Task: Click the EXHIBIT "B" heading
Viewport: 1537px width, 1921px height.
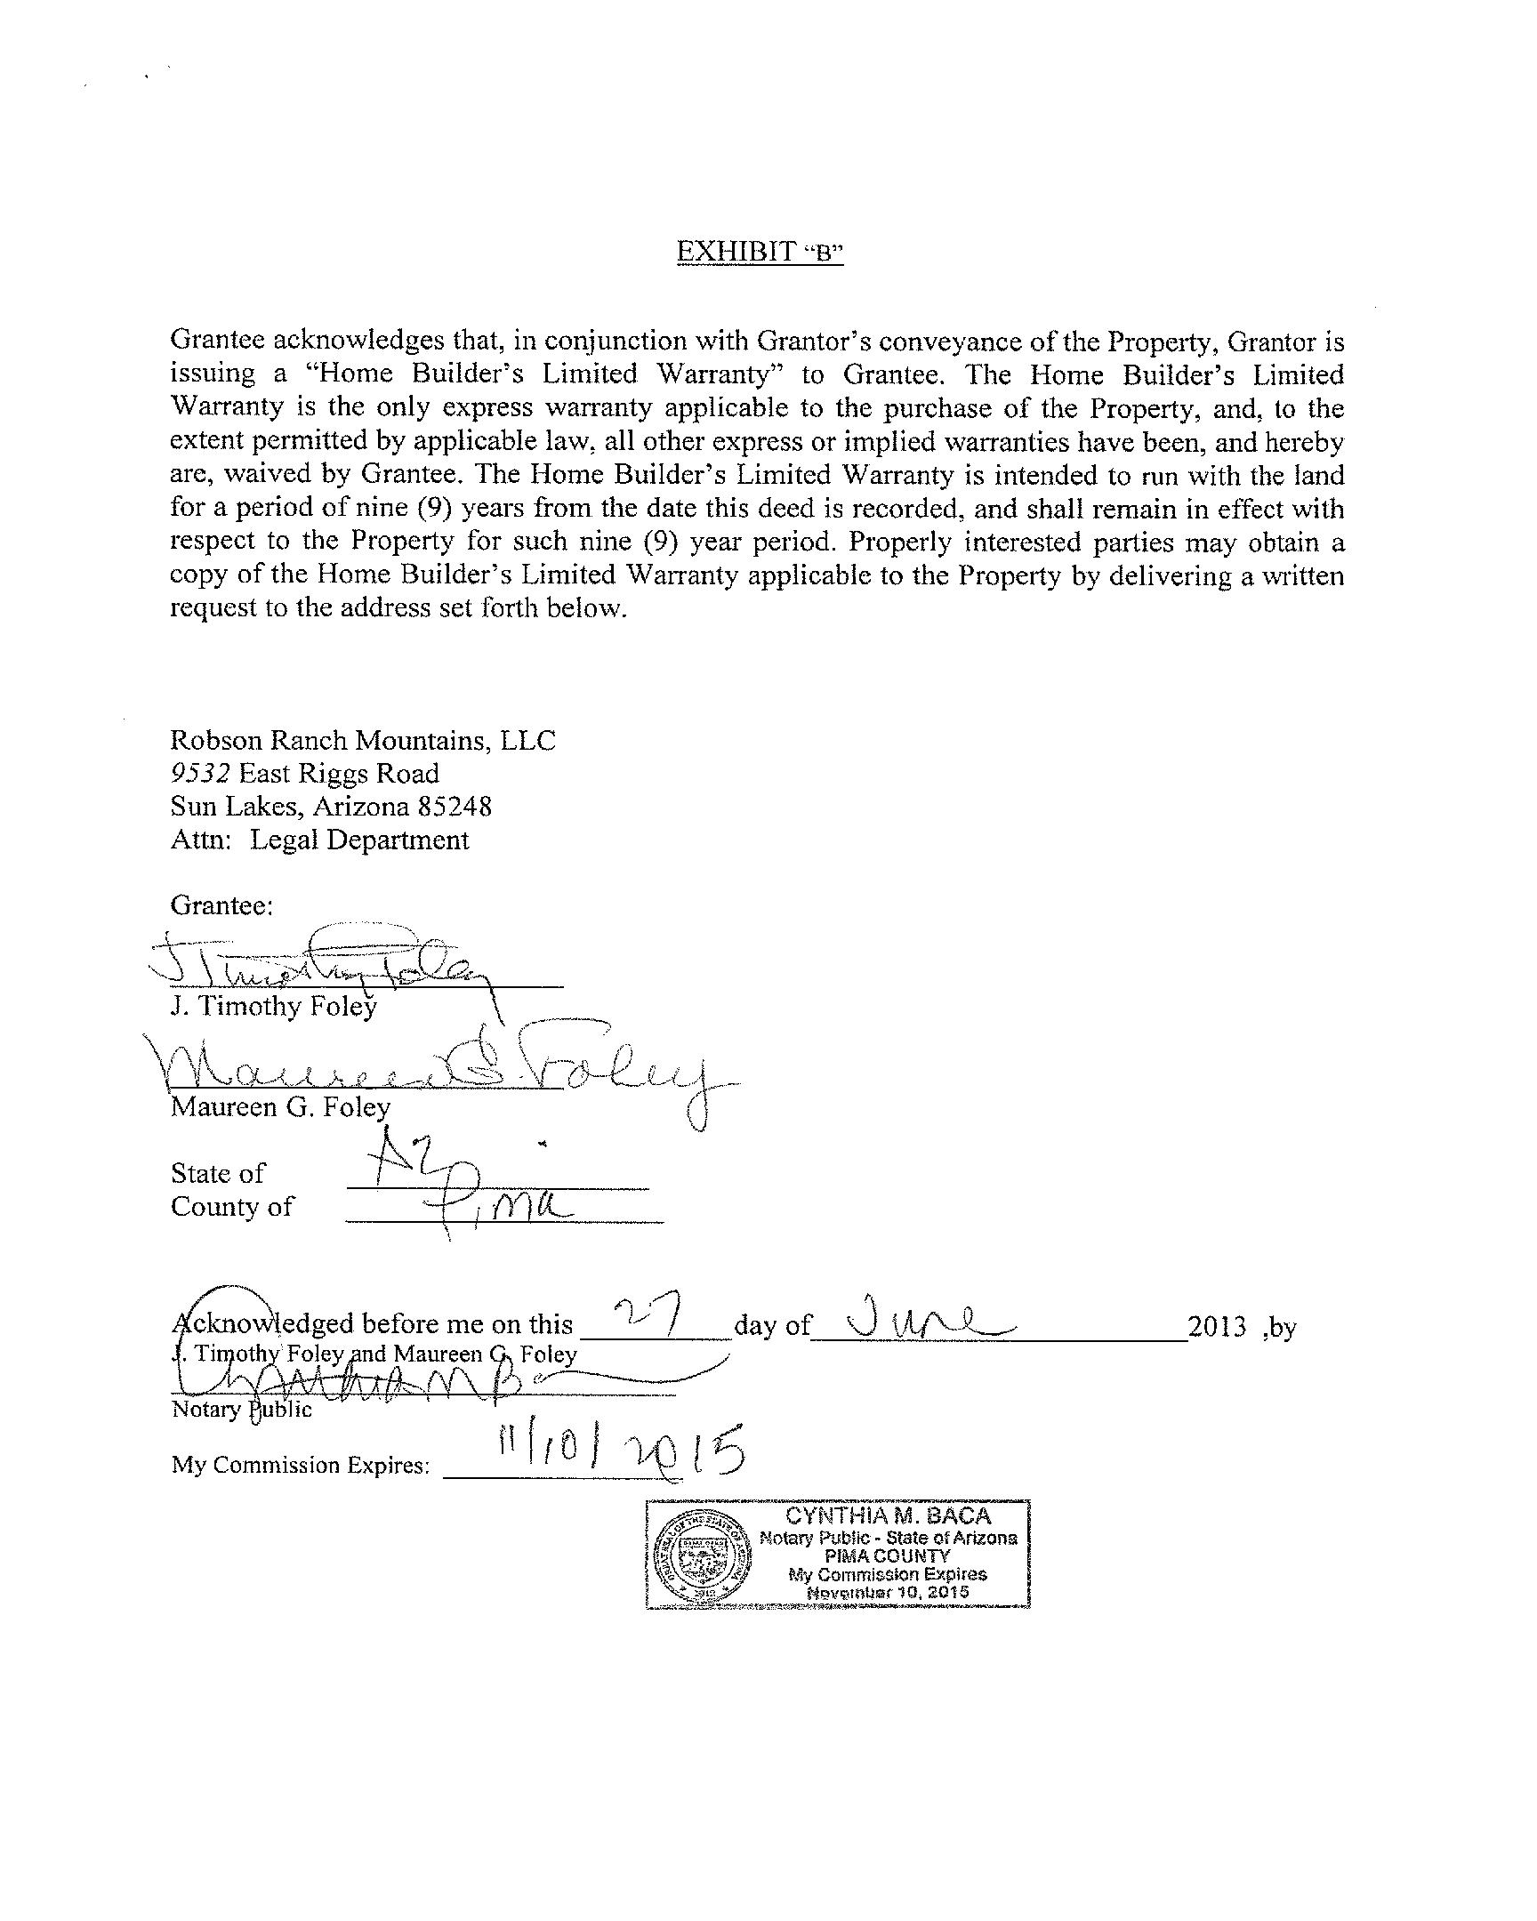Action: tap(759, 253)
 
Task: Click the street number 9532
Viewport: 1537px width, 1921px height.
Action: tap(200, 774)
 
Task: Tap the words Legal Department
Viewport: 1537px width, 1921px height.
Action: tap(358, 840)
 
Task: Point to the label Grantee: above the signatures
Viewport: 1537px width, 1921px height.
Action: tap(221, 905)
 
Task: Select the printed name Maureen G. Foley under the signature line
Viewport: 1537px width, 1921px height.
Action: tap(280, 1106)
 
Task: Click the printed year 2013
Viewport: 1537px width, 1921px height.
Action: tap(1217, 1328)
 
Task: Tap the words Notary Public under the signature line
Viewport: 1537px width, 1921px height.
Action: tap(241, 1410)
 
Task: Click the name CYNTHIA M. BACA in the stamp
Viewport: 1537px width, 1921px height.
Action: tap(888, 1516)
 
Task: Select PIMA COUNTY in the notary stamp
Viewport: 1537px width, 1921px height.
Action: tap(888, 1555)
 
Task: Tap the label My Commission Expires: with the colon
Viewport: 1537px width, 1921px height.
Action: tap(302, 1466)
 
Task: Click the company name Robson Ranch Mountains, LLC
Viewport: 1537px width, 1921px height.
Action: tap(363, 741)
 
